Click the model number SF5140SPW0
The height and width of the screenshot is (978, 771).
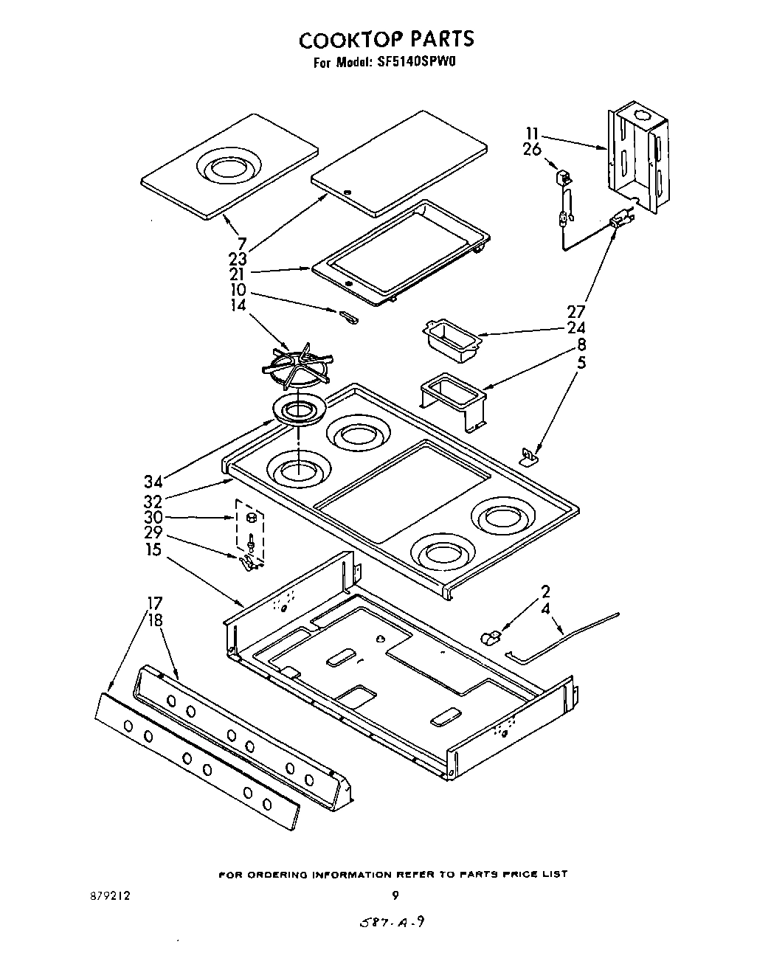pyautogui.click(x=419, y=63)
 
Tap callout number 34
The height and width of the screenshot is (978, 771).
pyautogui.click(x=153, y=482)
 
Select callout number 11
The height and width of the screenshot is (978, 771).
pyautogui.click(x=533, y=133)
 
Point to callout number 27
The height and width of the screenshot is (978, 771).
pyautogui.click(x=575, y=311)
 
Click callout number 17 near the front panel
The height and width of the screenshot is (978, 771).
pyautogui.click(x=154, y=603)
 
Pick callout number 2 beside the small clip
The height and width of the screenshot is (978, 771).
pyautogui.click(x=545, y=592)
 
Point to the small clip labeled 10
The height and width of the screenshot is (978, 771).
pyautogui.click(x=348, y=317)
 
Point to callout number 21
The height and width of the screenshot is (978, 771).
pyautogui.click(x=237, y=274)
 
